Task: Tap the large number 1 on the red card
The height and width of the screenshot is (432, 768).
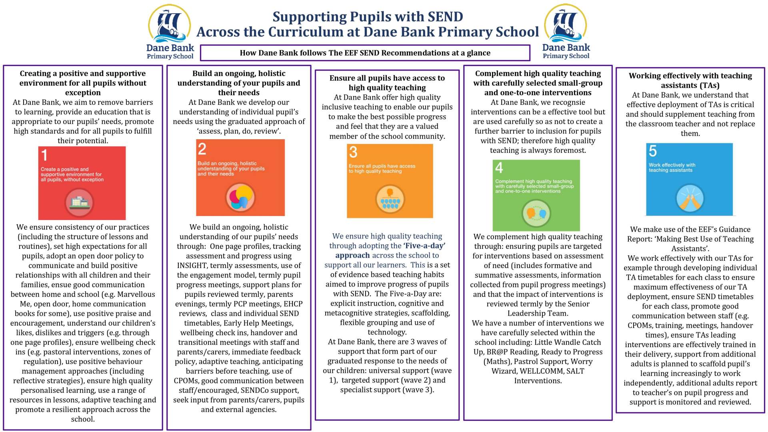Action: tap(44, 155)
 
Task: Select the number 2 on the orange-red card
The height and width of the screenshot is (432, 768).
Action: tap(202, 149)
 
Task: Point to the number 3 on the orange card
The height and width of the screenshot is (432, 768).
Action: tap(353, 152)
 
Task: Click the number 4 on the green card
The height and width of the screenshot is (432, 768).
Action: tap(499, 168)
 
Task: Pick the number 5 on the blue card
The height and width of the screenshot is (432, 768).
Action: tap(653, 151)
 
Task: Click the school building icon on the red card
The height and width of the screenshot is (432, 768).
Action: tap(79, 202)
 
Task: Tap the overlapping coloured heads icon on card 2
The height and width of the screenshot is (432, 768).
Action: tap(240, 197)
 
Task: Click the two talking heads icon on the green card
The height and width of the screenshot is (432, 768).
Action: tap(536, 213)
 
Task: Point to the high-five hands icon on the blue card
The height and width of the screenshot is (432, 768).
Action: tap(690, 199)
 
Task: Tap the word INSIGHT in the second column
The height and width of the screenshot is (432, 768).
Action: tap(192, 266)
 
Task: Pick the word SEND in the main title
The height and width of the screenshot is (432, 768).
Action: tap(445, 17)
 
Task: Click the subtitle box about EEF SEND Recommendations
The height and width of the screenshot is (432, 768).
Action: tap(365, 53)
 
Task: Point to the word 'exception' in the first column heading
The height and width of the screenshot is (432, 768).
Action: tap(83, 93)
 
